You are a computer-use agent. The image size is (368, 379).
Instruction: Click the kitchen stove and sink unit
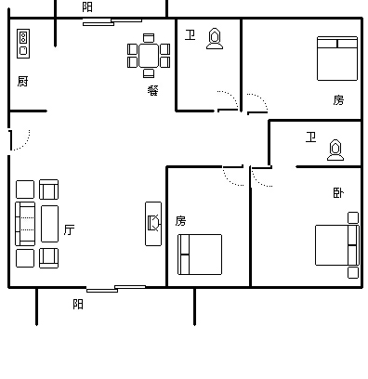[x=23, y=44]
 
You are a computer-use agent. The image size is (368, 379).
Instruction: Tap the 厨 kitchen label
[x=22, y=82]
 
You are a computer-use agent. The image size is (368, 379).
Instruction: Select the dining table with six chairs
[x=149, y=56]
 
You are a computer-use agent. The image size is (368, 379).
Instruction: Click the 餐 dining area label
[x=153, y=90]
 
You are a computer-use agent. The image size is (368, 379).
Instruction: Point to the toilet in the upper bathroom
[x=215, y=39]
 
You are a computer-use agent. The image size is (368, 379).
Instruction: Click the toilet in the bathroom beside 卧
[x=335, y=150]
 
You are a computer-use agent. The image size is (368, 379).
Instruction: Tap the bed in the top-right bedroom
[x=337, y=59]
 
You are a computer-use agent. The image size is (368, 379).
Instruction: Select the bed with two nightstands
[x=337, y=245]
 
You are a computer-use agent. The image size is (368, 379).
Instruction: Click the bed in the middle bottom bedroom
[x=200, y=255]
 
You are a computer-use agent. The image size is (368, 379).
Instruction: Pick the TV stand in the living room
[x=153, y=224]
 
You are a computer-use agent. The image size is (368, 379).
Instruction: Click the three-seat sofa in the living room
[x=25, y=224]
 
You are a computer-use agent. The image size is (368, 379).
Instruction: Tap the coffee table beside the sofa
[x=49, y=224]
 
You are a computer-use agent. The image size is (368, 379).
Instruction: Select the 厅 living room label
[x=69, y=229]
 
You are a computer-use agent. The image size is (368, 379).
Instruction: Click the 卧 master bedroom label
[x=338, y=193]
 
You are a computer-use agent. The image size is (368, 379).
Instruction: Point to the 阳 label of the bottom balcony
[x=78, y=304]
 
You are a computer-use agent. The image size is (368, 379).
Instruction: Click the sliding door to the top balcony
[x=112, y=22]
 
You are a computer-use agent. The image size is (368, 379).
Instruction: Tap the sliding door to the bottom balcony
[x=116, y=289]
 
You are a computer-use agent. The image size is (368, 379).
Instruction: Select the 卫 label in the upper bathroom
[x=190, y=35]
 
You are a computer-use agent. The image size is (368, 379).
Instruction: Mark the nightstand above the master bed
[x=353, y=217]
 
